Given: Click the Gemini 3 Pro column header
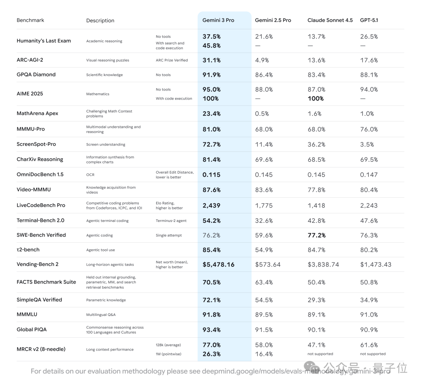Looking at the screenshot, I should click(x=218, y=20).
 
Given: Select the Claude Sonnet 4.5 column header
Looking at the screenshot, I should click(x=330, y=20).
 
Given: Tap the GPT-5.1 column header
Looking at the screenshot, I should click(x=369, y=20).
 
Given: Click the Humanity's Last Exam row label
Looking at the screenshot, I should click(x=44, y=41).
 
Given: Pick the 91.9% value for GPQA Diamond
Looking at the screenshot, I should click(x=212, y=75).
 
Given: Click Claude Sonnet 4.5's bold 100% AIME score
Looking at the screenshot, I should click(x=316, y=98).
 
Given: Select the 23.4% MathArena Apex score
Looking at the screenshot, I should click(x=212, y=114).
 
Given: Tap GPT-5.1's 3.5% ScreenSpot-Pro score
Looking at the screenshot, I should click(x=367, y=144).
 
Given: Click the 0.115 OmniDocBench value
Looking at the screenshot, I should click(x=211, y=175).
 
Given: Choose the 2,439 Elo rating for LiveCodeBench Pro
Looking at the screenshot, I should click(x=211, y=206).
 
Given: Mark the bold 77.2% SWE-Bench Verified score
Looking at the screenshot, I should click(x=317, y=235).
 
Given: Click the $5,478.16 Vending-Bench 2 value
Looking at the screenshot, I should click(x=218, y=264).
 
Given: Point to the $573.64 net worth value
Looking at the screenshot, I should click(x=268, y=264).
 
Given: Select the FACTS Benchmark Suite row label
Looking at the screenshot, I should click(x=46, y=282).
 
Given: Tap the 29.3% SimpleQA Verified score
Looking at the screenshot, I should click(x=317, y=300).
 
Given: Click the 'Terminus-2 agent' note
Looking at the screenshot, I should click(x=171, y=221).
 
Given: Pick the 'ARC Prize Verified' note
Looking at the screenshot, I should click(x=172, y=60).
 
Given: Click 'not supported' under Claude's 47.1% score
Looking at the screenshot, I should click(x=320, y=354).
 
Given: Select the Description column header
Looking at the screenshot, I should click(x=100, y=21).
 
